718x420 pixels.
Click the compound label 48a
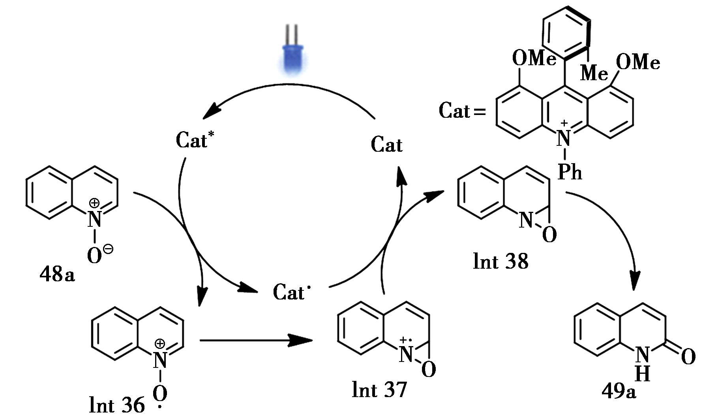pos(57,274)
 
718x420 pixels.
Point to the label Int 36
pos(116,405)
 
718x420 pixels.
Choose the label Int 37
pos(379,390)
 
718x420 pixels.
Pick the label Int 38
pos(500,262)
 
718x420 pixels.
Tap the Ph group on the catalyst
pos(570,172)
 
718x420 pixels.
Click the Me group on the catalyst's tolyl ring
pos(594,73)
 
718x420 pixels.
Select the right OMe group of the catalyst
pos(638,62)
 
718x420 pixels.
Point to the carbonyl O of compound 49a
pos(688,357)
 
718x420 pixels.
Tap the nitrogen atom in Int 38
pos(526,220)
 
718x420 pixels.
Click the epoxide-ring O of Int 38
pos(549,235)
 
